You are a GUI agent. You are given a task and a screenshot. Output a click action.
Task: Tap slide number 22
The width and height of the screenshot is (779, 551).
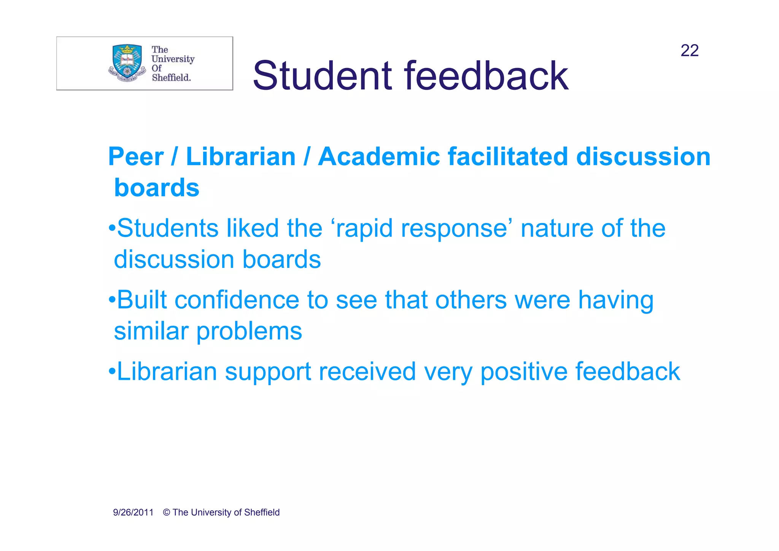689,51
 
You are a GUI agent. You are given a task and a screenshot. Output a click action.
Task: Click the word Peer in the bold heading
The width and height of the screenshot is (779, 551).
136,157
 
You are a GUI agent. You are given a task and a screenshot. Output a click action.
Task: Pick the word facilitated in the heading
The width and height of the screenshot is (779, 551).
508,157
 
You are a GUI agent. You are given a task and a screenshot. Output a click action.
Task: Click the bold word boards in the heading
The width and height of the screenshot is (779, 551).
157,188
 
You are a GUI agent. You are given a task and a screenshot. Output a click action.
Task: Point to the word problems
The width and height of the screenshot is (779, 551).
249,331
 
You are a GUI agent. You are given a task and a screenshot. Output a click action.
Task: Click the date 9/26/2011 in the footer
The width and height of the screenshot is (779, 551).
133,513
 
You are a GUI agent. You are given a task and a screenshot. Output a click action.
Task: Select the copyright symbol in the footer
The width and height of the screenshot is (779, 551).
166,513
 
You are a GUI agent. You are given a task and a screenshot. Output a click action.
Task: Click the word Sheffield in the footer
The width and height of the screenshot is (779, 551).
262,513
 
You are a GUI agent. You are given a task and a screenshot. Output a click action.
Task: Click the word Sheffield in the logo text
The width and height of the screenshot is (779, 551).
171,78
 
